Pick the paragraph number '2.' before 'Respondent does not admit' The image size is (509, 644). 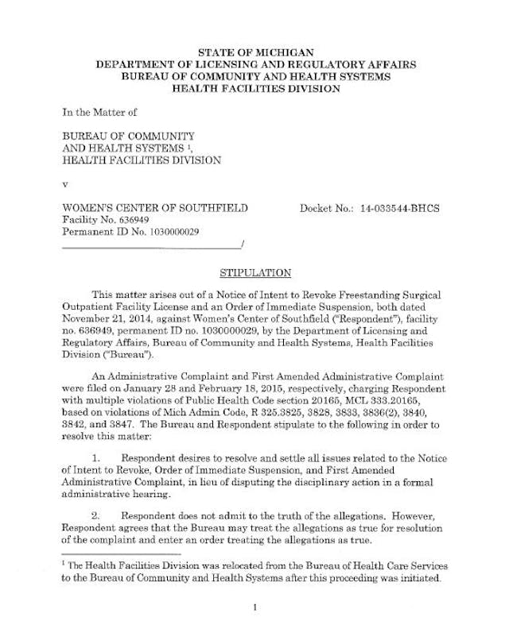99,515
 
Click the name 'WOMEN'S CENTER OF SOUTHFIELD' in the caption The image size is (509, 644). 155,208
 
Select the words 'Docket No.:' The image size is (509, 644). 327,208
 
